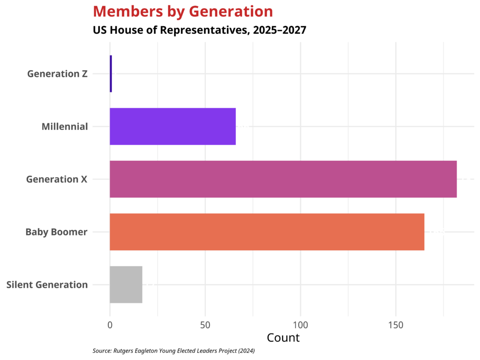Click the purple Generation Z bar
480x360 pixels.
[111, 74]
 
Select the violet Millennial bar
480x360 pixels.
[172, 127]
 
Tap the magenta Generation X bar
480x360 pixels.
[283, 179]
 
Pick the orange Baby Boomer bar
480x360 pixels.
[267, 232]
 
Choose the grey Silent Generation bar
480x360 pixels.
[126, 285]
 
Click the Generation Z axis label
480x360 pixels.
[57, 74]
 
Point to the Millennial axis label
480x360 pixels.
[64, 127]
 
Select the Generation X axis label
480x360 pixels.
[57, 180]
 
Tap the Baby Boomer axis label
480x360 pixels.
[56, 232]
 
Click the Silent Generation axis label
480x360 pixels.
[47, 285]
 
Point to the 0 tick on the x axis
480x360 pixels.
[110, 324]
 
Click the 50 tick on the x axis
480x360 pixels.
[205, 324]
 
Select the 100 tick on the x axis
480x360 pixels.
[300, 324]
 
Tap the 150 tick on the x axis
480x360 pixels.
[396, 324]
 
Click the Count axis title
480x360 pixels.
[283, 337]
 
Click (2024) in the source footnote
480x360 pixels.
[246, 351]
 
